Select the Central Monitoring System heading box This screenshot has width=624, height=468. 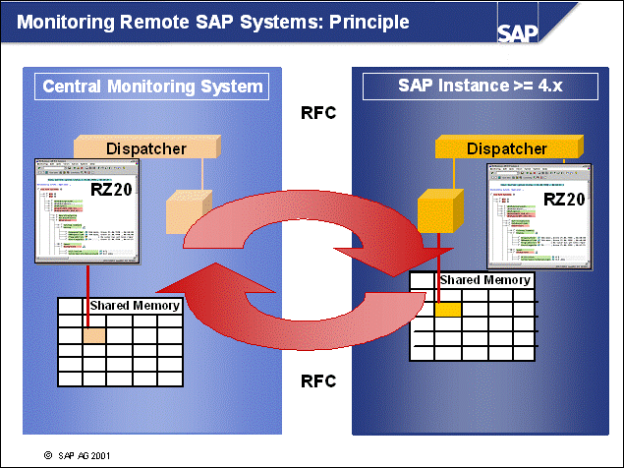point(152,87)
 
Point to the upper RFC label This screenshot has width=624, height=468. point(317,113)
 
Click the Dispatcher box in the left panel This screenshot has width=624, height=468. point(146,148)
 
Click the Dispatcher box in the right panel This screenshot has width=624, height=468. point(506,148)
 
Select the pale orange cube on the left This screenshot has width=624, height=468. point(184,210)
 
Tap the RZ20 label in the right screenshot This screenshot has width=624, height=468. point(565,199)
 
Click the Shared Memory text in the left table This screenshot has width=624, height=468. point(135,306)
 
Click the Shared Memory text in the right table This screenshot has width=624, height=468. point(484,280)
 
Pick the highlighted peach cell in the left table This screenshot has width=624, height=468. point(93,335)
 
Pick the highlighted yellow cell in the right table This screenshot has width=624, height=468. point(448,309)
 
